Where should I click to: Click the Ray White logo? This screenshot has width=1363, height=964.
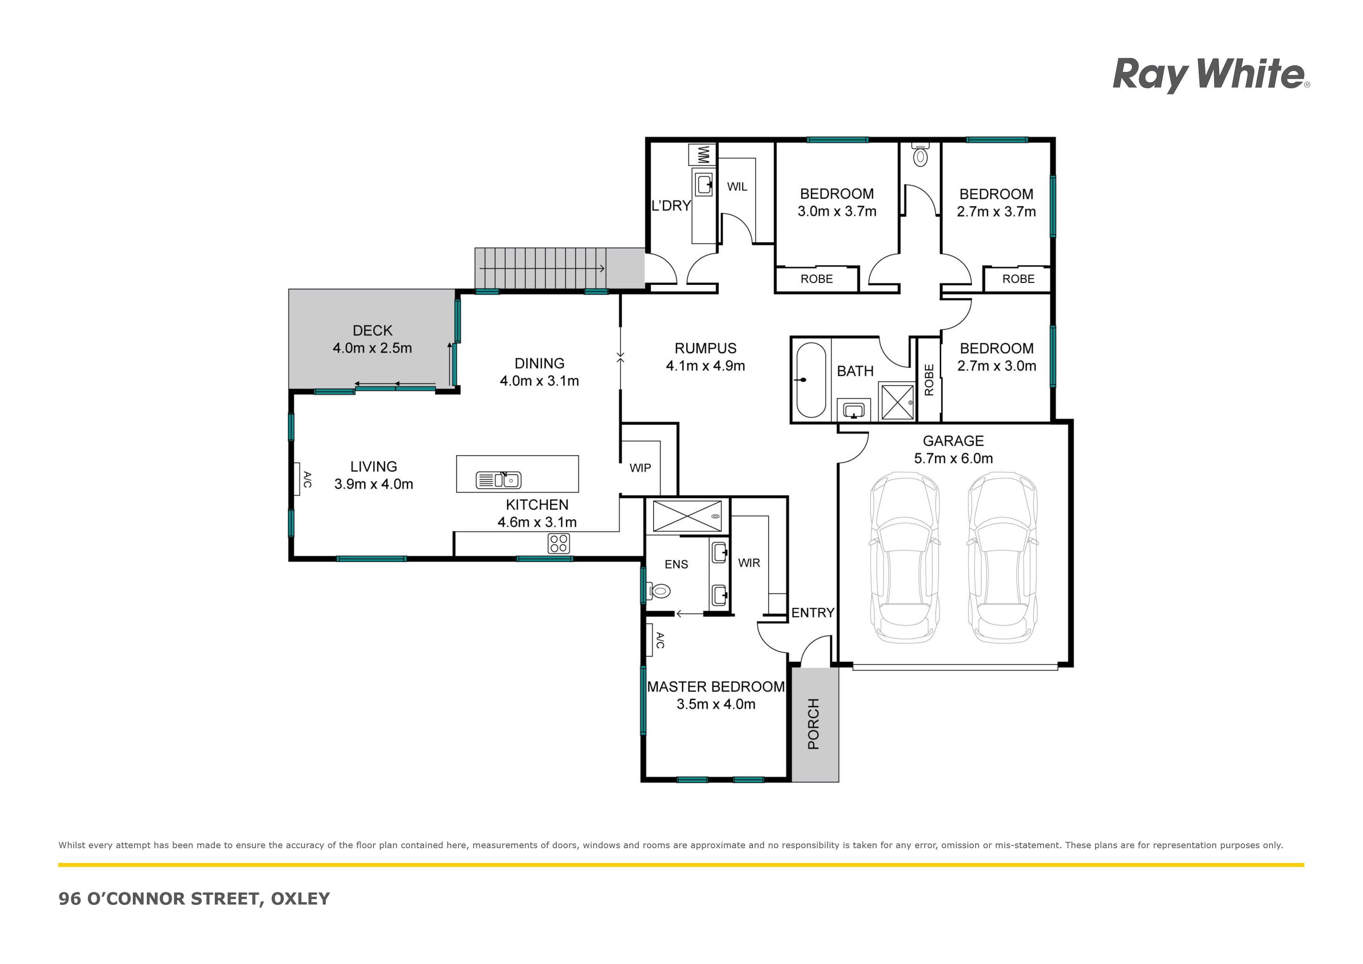click(1211, 75)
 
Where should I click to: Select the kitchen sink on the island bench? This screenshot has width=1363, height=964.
click(498, 480)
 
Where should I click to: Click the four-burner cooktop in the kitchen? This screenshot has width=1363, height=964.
click(559, 543)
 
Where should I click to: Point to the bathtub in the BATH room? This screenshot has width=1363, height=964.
click(810, 380)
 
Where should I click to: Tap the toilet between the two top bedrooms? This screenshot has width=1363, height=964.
click(920, 154)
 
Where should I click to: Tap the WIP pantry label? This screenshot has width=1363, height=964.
click(640, 468)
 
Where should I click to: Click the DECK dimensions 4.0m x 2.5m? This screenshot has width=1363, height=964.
click(372, 348)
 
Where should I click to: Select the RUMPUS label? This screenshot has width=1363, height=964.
click(705, 349)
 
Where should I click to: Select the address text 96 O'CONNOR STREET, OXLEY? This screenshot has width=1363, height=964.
click(194, 899)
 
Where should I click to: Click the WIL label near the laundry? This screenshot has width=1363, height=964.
click(737, 187)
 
